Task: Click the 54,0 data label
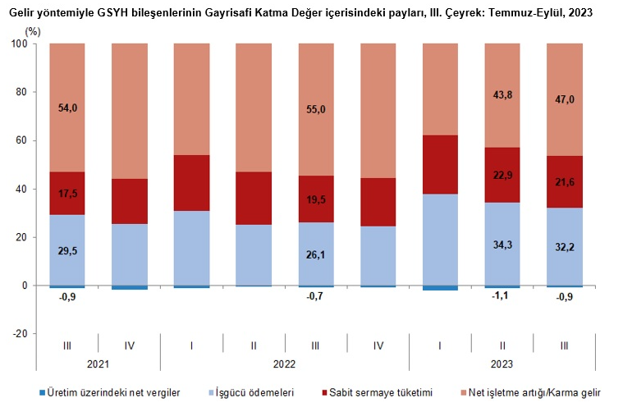coord(67,107)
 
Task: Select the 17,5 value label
coord(67,194)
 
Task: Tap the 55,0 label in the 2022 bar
coord(316,109)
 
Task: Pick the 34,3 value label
coord(502,245)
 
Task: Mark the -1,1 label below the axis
coord(502,297)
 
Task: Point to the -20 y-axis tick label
coord(19,334)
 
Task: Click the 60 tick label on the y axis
coord(21,140)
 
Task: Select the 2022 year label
coord(285,362)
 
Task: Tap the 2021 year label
coord(98,362)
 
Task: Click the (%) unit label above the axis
coord(32,30)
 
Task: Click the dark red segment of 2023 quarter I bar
coord(440,165)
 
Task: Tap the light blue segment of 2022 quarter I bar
coord(191,248)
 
